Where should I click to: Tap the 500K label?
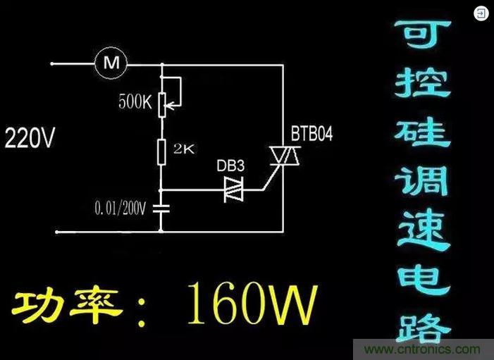[136, 102]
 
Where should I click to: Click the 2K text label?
[185, 150]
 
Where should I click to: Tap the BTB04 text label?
[312, 135]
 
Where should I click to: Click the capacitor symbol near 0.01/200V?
[162, 209]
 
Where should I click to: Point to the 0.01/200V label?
[119, 209]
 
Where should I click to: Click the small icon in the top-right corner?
[481, 13]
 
